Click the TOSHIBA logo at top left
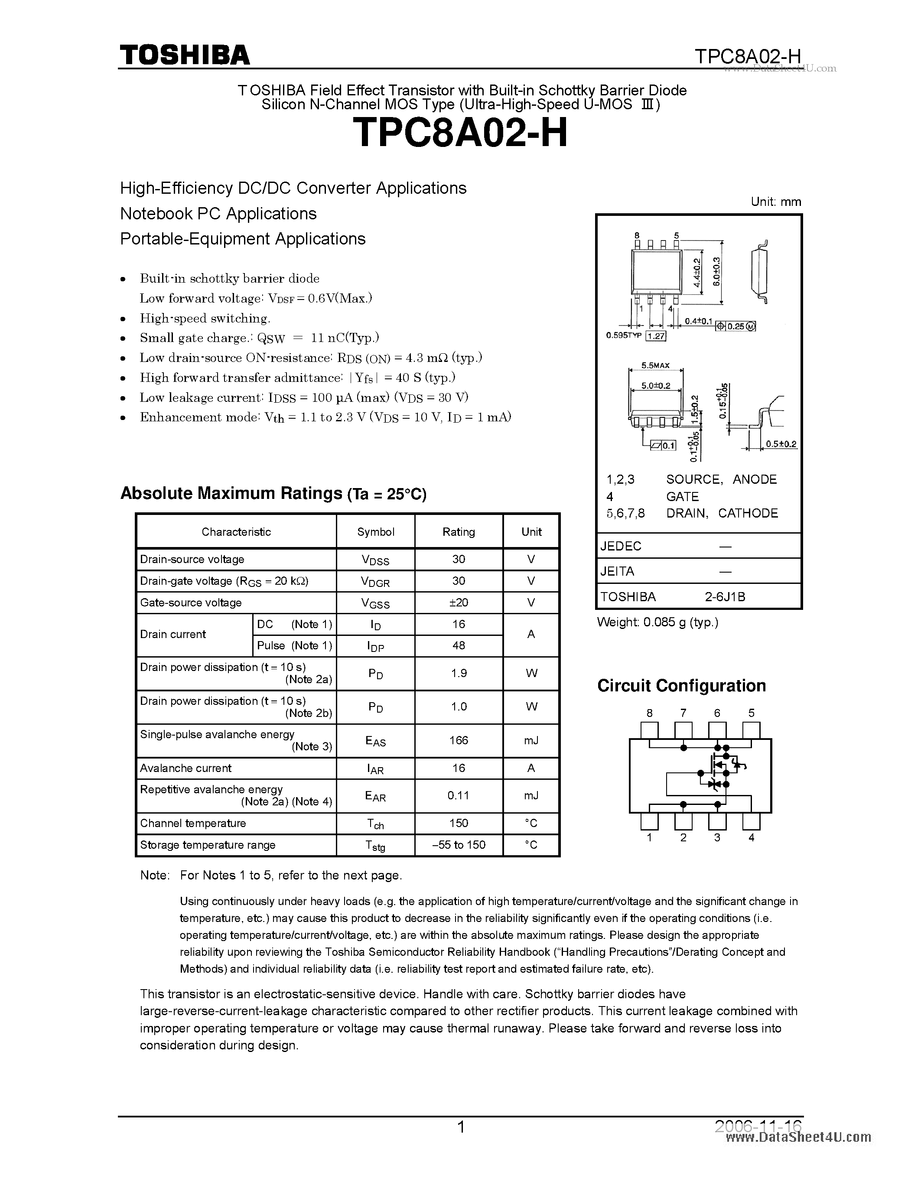pyautogui.click(x=185, y=55)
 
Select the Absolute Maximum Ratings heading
pyautogui.click(x=273, y=493)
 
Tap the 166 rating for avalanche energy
pyautogui.click(x=458, y=740)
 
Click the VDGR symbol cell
pyautogui.click(x=375, y=582)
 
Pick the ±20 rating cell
pyautogui.click(x=458, y=603)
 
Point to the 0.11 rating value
pyautogui.click(x=458, y=795)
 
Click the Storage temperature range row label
pyautogui.click(x=207, y=845)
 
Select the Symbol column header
pyautogui.click(x=375, y=531)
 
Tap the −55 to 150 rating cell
pyautogui.click(x=458, y=845)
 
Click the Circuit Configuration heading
pyautogui.click(x=681, y=686)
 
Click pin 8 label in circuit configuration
pyautogui.click(x=649, y=713)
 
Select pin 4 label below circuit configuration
pyautogui.click(x=751, y=838)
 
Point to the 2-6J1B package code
pyautogui.click(x=725, y=596)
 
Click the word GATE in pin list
pyautogui.click(x=682, y=496)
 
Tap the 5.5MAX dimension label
pyautogui.click(x=655, y=366)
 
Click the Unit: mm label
pyautogui.click(x=775, y=202)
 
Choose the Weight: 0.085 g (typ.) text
pyautogui.click(x=657, y=622)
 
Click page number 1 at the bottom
pyautogui.click(x=461, y=1127)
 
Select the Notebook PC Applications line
pyautogui.click(x=218, y=213)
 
